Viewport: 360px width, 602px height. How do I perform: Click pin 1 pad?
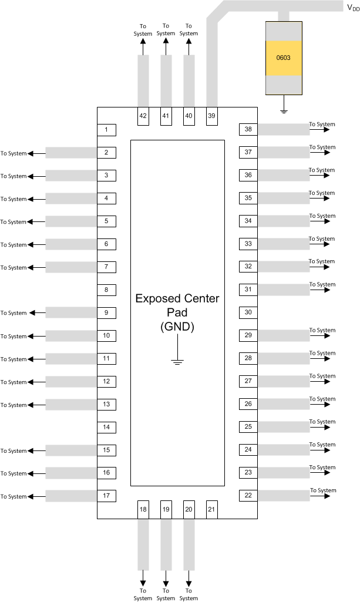pos(106,130)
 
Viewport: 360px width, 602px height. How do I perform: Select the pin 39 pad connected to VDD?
pos(211,116)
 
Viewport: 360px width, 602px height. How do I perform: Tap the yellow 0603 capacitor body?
pos(284,58)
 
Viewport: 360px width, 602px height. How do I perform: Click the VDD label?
pos(353,8)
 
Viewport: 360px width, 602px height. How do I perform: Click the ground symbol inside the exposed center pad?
pos(177,361)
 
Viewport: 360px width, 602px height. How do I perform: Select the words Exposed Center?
pos(177,298)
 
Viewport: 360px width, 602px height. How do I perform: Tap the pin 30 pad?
pos(248,312)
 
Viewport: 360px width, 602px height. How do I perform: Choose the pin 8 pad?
pos(106,290)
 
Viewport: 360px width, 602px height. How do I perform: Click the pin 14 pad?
pos(106,427)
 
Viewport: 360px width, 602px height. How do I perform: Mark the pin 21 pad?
pos(211,509)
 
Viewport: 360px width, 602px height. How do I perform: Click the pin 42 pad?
pos(143,116)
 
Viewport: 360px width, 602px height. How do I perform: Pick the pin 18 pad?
pos(143,509)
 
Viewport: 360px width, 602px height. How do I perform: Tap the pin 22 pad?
pos(248,496)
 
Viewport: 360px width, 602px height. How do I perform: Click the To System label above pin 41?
pos(166,29)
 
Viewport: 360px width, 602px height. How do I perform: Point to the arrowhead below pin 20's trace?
pos(189,574)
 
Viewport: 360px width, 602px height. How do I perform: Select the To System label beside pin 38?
pos(322,124)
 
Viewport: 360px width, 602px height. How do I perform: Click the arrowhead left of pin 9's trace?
pos(32,313)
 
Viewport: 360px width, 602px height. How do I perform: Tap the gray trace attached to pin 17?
pos(71,496)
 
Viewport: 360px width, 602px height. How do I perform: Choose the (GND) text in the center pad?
pos(177,327)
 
